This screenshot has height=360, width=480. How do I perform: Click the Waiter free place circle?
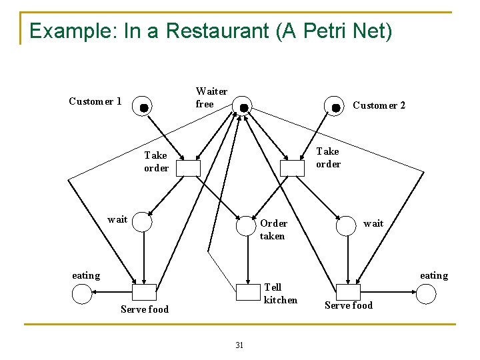(x=243, y=107)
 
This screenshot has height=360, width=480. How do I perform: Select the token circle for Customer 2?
(x=335, y=107)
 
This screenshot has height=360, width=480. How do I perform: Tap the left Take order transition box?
(x=189, y=169)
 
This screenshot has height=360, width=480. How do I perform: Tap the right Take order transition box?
(x=292, y=169)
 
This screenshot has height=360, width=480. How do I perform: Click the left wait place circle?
(x=143, y=222)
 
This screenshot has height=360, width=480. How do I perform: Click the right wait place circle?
(x=346, y=226)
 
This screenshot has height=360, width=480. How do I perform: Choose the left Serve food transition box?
(x=143, y=293)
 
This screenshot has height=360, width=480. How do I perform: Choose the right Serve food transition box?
(x=347, y=292)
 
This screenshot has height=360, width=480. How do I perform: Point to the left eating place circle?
(x=81, y=293)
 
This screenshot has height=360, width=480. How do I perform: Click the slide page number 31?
(x=239, y=345)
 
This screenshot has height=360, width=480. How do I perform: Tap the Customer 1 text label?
(x=95, y=101)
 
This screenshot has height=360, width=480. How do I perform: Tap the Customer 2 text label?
(x=379, y=105)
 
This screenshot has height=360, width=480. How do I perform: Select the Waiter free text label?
(x=211, y=97)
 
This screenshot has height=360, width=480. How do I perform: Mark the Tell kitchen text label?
(x=281, y=293)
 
